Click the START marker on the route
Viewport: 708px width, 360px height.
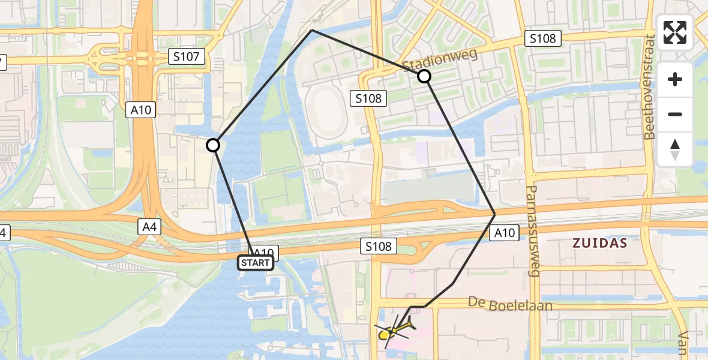256,263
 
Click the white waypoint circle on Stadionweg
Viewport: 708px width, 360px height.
424,76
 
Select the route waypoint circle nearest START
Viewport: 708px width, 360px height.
213,145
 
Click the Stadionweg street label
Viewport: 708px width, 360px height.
440,60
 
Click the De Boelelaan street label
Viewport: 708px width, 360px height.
510,305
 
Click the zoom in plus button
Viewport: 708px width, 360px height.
675,79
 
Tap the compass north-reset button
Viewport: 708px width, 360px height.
675,149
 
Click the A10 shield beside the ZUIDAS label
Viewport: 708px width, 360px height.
505,233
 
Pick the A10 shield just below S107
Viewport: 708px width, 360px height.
142,110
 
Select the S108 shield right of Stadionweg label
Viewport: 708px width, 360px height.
543,39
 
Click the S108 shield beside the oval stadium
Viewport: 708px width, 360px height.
368,98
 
